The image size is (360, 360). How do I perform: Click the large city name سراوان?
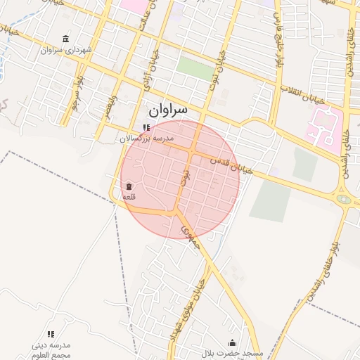coord(168,110)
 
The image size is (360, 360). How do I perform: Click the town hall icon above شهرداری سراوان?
coord(66,39)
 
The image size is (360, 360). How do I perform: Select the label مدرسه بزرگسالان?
coord(146,139)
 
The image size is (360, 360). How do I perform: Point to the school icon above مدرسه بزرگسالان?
coord(146,127)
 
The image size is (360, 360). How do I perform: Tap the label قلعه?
coord(129,197)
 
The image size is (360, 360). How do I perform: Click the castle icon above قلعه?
coord(129,186)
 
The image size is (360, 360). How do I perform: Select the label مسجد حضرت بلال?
coord(233,352)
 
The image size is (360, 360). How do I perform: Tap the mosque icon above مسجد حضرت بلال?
coord(233,342)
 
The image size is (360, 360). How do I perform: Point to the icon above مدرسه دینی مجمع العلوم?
coord(51,334)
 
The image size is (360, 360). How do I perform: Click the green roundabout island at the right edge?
coord(343,200)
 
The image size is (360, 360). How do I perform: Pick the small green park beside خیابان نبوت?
coord(195,67)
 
